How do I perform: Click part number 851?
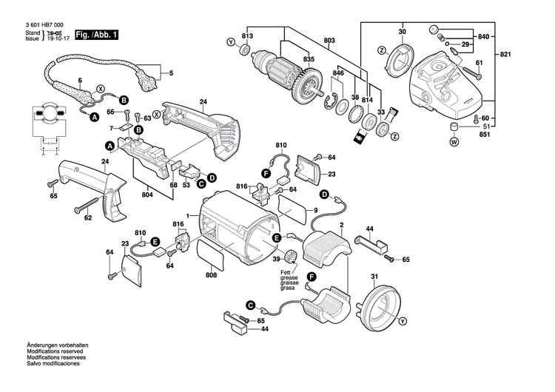pos(485,135)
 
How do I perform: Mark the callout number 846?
pos(337,75)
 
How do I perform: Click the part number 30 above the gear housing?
pos(403,32)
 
